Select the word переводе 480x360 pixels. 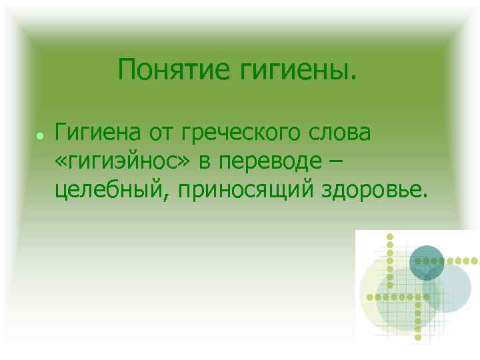[269, 162]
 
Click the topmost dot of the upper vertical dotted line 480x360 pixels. [391, 237]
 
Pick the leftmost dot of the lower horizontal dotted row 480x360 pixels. [371, 295]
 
